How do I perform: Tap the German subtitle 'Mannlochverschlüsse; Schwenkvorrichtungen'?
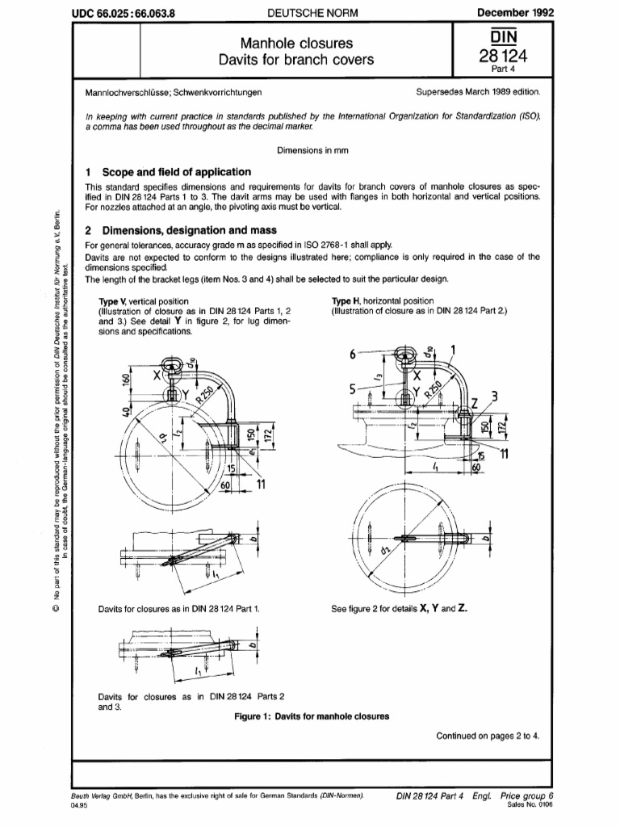pos(179,94)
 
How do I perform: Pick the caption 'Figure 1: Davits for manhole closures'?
pos(312,716)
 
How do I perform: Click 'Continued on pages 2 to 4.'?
pos(488,736)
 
